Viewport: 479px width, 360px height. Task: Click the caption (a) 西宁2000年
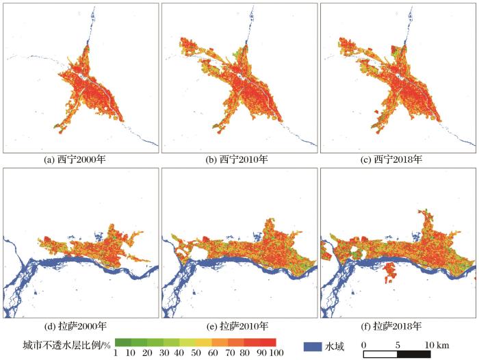(x=79, y=159)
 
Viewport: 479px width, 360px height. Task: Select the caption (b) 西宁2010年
(x=239, y=159)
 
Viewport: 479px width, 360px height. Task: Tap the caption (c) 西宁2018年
(x=398, y=159)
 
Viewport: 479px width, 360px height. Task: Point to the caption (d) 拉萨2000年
(x=79, y=325)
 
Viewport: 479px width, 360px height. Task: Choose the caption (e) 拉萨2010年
(x=239, y=325)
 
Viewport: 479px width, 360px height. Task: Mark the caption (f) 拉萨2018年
(x=398, y=325)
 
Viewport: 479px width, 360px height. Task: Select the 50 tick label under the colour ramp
(x=196, y=352)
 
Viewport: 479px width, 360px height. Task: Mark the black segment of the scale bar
(x=413, y=354)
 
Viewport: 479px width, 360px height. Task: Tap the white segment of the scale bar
(x=380, y=354)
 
